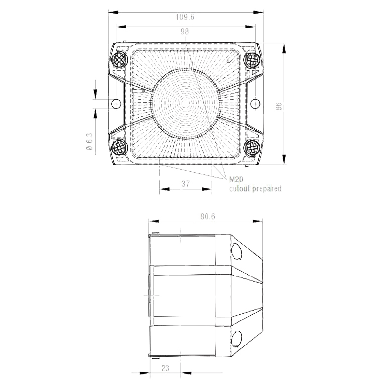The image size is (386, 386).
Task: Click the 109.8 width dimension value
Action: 184,18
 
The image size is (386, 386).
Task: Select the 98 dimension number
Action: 184,31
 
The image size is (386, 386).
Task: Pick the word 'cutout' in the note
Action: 240,189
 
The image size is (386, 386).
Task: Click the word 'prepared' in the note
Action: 266,189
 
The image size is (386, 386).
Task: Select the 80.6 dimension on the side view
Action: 207,217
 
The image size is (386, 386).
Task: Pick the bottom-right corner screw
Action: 251,147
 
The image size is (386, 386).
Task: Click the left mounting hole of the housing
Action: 116,103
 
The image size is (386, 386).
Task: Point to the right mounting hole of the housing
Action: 254,103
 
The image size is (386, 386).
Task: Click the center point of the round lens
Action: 185,103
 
